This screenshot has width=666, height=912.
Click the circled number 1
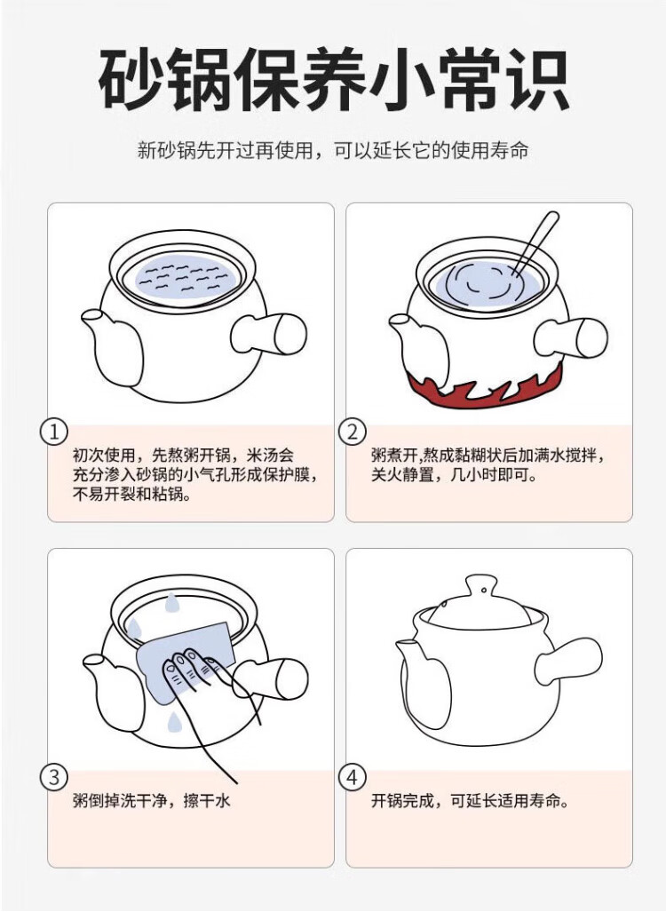pyautogui.click(x=54, y=432)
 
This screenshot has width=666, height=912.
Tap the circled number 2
pyautogui.click(x=353, y=432)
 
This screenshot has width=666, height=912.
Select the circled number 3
pyautogui.click(x=54, y=777)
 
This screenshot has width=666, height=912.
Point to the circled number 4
pyautogui.click(x=353, y=777)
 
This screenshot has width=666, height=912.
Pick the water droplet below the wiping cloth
pyautogui.click(x=173, y=722)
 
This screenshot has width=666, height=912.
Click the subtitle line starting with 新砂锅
pyautogui.click(x=333, y=151)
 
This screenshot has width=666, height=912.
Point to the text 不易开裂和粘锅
pyautogui.click(x=132, y=495)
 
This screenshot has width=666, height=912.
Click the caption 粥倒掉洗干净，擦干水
pyautogui.click(x=152, y=801)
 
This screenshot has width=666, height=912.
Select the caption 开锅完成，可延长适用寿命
pyautogui.click(x=470, y=801)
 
